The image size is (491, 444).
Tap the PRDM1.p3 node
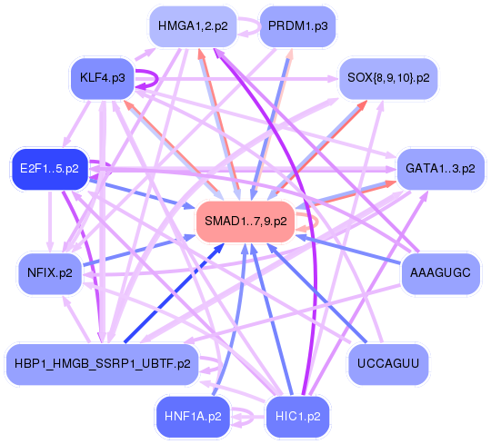296,26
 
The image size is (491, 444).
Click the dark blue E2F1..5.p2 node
49,169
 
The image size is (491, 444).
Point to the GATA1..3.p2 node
439,169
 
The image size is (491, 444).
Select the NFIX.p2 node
51,271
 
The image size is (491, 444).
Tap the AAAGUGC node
439,271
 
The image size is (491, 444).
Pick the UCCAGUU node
388,363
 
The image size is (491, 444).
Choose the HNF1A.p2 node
193,417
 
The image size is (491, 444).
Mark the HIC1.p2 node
297,417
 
